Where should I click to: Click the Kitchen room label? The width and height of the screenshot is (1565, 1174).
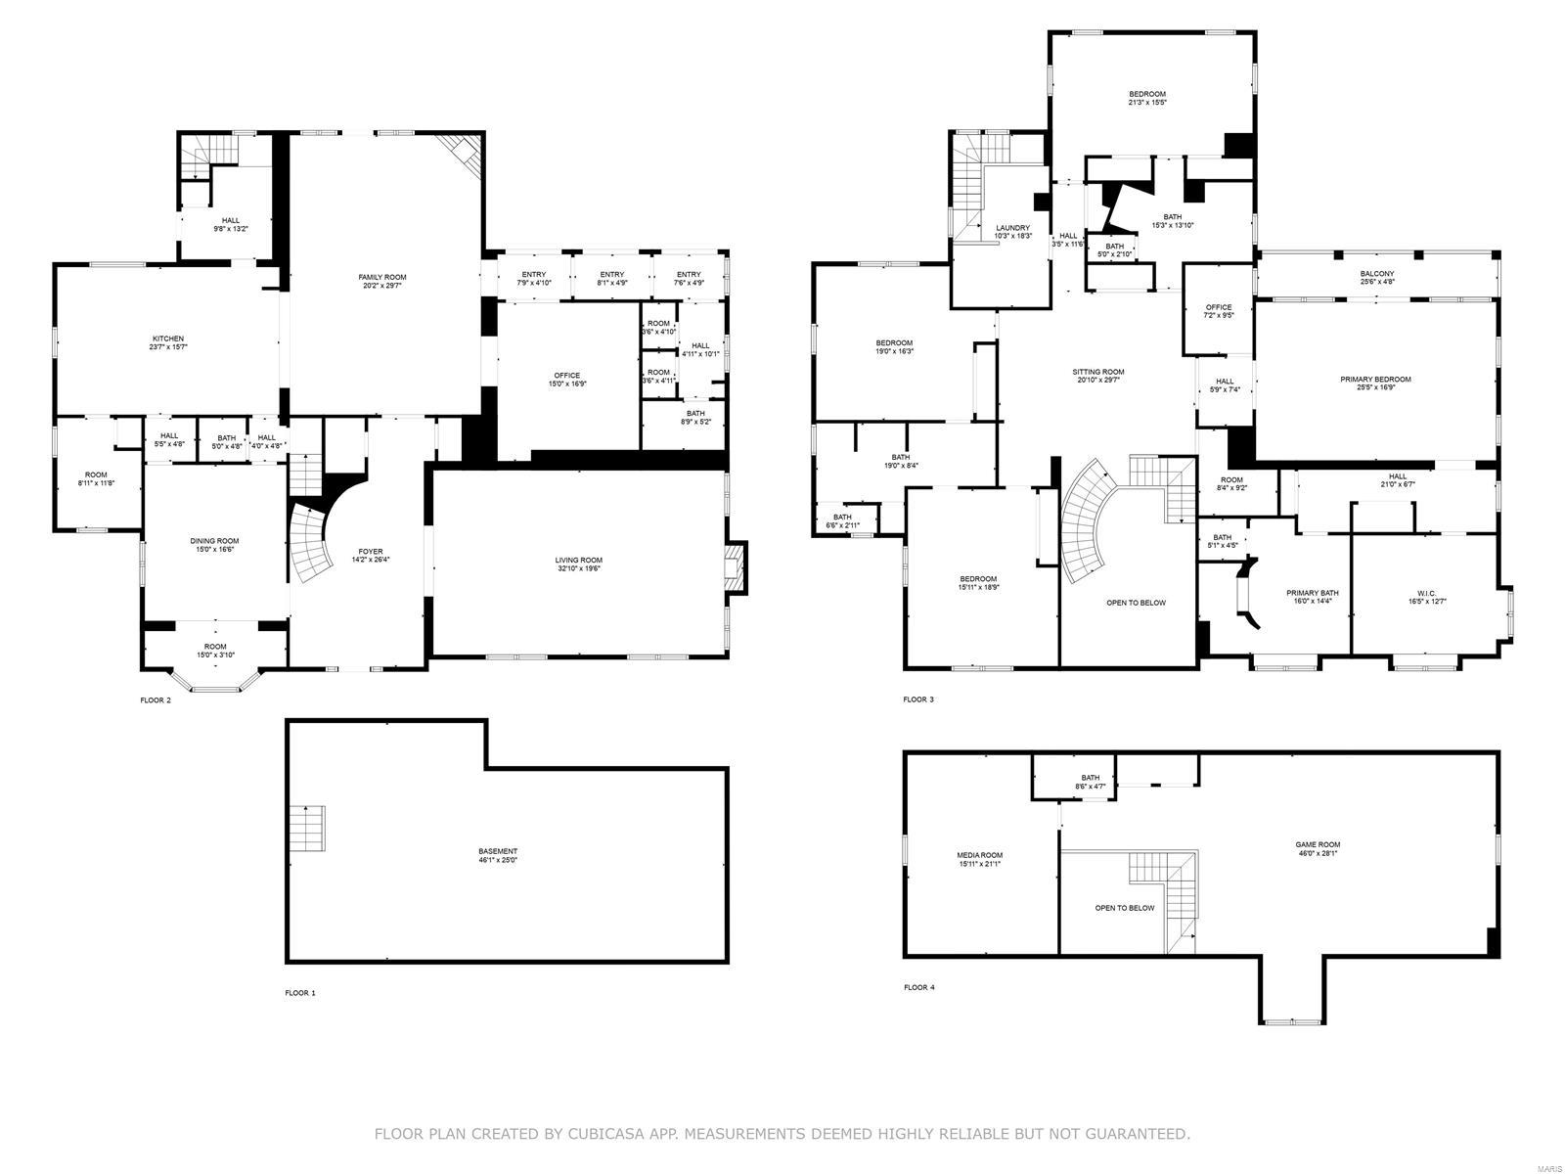(167, 339)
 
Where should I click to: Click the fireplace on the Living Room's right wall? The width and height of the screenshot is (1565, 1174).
(735, 567)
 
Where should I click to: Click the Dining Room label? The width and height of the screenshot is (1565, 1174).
(214, 541)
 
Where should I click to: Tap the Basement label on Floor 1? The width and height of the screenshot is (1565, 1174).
(498, 851)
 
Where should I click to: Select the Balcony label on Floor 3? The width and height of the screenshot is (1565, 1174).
(1376, 274)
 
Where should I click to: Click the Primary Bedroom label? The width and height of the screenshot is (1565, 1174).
(1375, 380)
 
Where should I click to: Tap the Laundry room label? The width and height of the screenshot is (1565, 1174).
(1012, 228)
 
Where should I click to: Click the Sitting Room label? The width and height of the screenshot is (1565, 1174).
(1098, 372)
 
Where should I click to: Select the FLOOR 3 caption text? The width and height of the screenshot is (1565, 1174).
(918, 700)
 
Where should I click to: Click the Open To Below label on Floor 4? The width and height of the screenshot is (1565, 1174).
(1124, 908)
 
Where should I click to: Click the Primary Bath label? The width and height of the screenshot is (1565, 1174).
(1313, 593)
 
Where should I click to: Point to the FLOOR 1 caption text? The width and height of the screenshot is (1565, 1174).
(300, 993)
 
